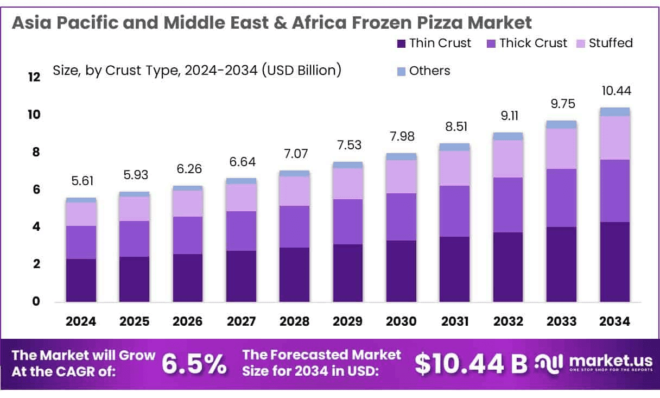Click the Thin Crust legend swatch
click(x=402, y=43)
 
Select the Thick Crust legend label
click(x=533, y=43)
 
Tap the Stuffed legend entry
click(x=611, y=43)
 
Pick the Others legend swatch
click(x=402, y=71)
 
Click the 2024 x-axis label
click(x=80, y=321)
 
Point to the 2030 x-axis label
click(x=401, y=321)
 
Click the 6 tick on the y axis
click(x=37, y=189)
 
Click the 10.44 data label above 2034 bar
click(x=615, y=91)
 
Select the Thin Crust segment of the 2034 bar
click(x=615, y=262)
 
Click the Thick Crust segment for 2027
click(x=241, y=231)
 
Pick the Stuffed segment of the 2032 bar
click(x=508, y=159)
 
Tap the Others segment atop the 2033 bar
click(x=561, y=124)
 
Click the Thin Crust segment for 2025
click(x=134, y=279)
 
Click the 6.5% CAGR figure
click(x=194, y=364)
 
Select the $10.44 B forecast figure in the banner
click(x=471, y=364)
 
